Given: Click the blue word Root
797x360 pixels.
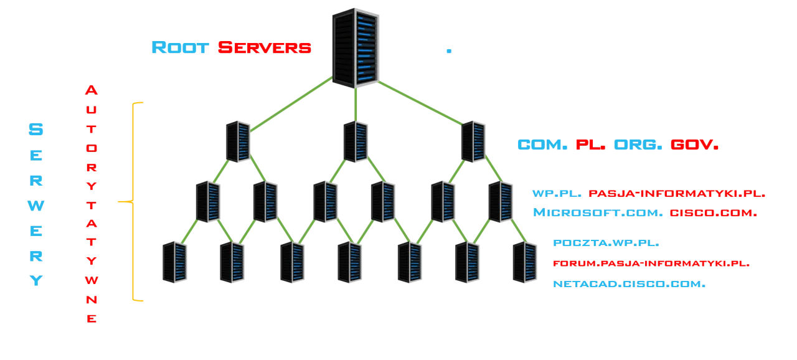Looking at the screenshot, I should (180, 47).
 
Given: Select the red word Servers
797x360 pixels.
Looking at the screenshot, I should (265, 47).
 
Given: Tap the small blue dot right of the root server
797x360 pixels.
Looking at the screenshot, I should (448, 50).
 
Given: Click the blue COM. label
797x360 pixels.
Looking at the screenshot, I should (541, 146).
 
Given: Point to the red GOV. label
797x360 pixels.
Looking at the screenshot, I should (694, 146).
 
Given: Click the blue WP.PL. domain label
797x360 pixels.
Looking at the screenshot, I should (555, 194).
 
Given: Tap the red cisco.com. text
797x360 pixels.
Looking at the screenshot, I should (713, 213).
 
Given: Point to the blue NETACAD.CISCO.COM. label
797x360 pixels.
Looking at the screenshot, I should (630, 284).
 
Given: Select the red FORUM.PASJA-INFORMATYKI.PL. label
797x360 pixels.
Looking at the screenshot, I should (651, 264).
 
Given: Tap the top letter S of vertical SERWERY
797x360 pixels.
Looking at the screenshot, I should (36, 130).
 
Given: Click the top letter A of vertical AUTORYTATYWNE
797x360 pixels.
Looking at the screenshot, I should (92, 90).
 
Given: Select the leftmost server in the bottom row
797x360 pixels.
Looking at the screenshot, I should (174, 262).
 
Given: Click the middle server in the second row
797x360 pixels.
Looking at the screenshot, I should (356, 141).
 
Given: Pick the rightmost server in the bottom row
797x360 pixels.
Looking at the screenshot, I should (523, 262).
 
